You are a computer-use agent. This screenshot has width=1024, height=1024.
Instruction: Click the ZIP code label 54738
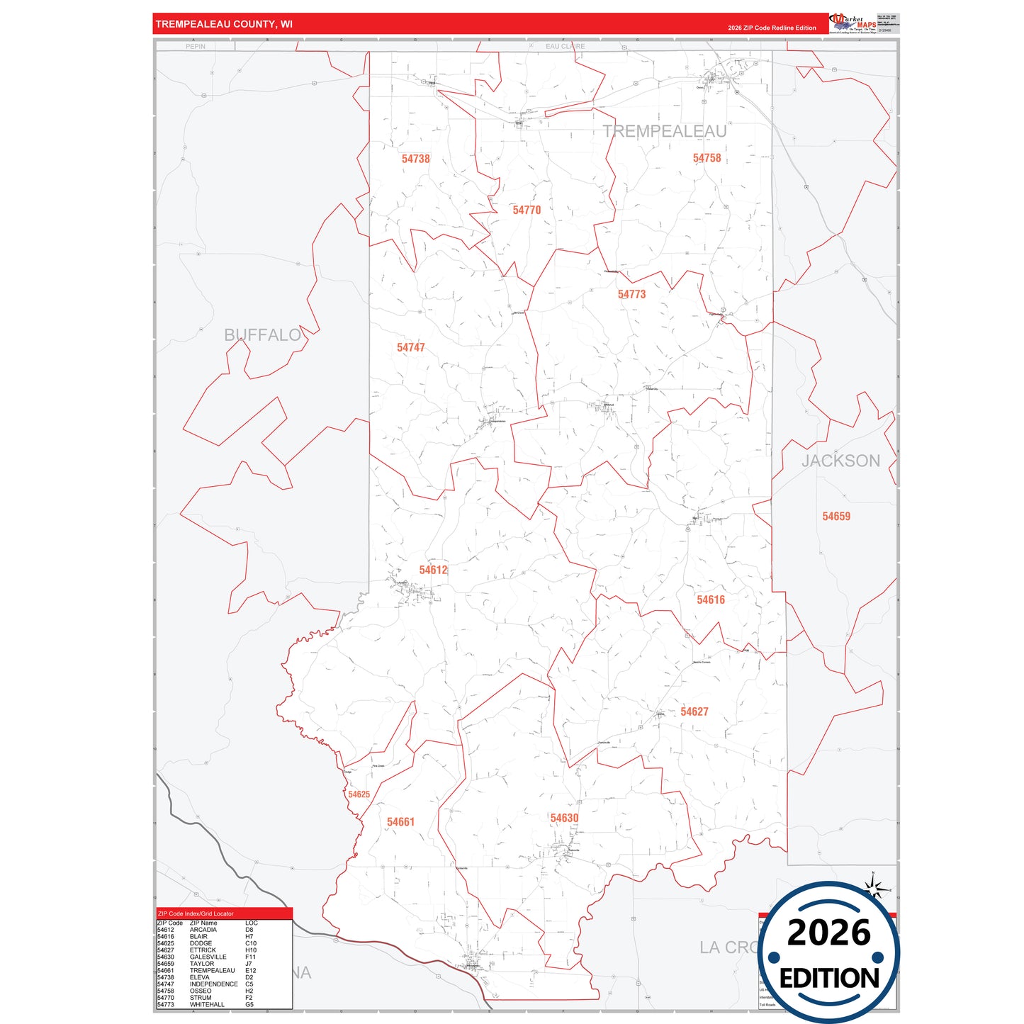pyautogui.click(x=415, y=159)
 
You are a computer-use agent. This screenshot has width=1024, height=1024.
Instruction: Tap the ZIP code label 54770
pyautogui.click(x=527, y=210)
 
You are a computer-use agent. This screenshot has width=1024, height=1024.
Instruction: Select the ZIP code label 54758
pyautogui.click(x=707, y=158)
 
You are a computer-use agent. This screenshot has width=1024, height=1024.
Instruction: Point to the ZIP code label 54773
pyautogui.click(x=631, y=294)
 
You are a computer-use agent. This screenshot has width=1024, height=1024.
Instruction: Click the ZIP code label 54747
pyautogui.click(x=411, y=347)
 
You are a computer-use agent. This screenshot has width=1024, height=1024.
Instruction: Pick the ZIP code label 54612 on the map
pyautogui.click(x=433, y=570)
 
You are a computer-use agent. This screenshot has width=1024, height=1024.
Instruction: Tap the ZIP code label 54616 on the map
pyautogui.click(x=711, y=600)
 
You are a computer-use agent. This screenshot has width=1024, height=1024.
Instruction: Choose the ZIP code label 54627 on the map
pyautogui.click(x=694, y=711)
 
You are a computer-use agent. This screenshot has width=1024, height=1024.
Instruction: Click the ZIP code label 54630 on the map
pyautogui.click(x=564, y=818)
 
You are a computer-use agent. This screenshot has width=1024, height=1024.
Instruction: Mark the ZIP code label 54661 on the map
pyautogui.click(x=400, y=822)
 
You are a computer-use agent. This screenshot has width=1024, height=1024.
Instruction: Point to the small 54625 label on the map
pyautogui.click(x=359, y=794)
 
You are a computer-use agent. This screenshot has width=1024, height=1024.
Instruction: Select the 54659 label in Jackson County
pyautogui.click(x=836, y=517)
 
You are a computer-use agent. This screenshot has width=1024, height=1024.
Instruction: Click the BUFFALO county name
pyautogui.click(x=262, y=335)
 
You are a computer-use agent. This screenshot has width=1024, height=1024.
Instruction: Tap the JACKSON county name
pyautogui.click(x=840, y=461)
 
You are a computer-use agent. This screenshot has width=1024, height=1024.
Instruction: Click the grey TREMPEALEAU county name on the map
pyautogui.click(x=665, y=131)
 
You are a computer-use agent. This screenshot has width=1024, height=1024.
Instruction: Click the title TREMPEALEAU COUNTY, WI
pyautogui.click(x=224, y=24)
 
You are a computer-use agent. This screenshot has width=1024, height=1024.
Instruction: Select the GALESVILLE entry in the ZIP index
pyautogui.click(x=208, y=957)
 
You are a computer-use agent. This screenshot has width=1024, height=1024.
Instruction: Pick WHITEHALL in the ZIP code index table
pyautogui.click(x=207, y=1004)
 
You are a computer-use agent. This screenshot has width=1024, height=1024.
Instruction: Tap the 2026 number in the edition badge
pyautogui.click(x=828, y=933)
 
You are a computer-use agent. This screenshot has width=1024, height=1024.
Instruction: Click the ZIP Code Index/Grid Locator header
pyautogui.click(x=196, y=913)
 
